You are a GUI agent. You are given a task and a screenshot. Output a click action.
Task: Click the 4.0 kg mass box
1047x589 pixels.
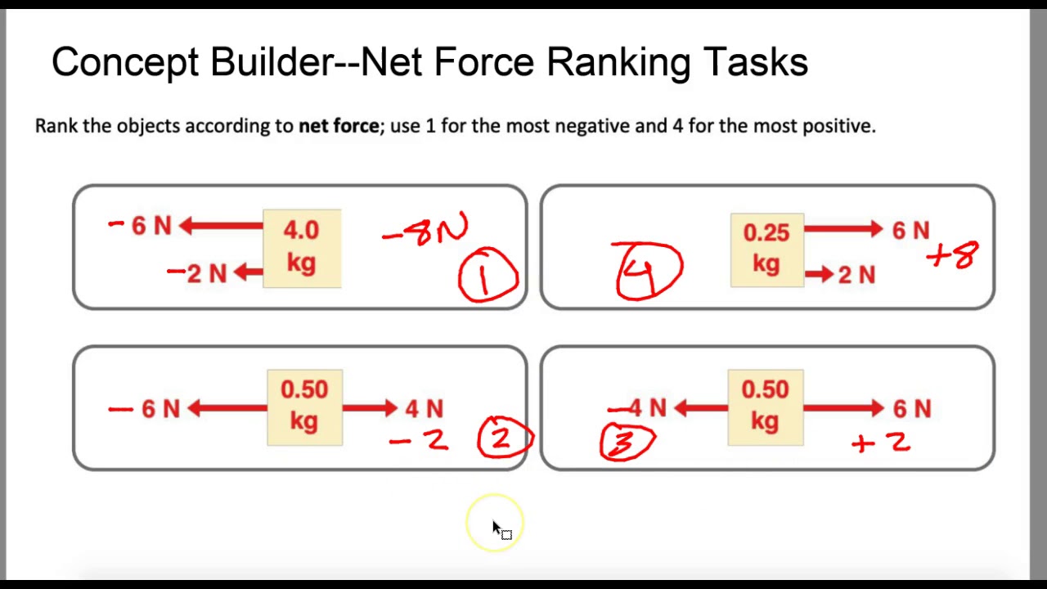[302, 248]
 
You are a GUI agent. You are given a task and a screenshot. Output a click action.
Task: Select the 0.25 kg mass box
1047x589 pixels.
[766, 249]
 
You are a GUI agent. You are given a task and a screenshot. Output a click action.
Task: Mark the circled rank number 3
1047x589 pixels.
[627, 442]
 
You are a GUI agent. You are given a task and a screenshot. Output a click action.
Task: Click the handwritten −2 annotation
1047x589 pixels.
[419, 441]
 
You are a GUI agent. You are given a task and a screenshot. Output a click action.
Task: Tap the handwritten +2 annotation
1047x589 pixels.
[881, 443]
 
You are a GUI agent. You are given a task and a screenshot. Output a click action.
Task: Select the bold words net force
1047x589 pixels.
[339, 126]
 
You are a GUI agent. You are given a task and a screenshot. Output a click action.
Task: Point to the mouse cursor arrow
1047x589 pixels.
[497, 528]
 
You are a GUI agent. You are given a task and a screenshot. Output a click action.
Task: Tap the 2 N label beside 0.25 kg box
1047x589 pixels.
[856, 276]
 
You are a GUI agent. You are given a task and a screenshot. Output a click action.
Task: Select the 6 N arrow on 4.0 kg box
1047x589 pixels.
[221, 226]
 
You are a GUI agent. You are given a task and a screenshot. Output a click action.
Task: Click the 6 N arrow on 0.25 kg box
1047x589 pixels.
[843, 230]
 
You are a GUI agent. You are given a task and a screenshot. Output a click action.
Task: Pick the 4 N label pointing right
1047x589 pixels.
[424, 408]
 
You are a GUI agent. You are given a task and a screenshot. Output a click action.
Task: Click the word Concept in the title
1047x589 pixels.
[124, 62]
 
